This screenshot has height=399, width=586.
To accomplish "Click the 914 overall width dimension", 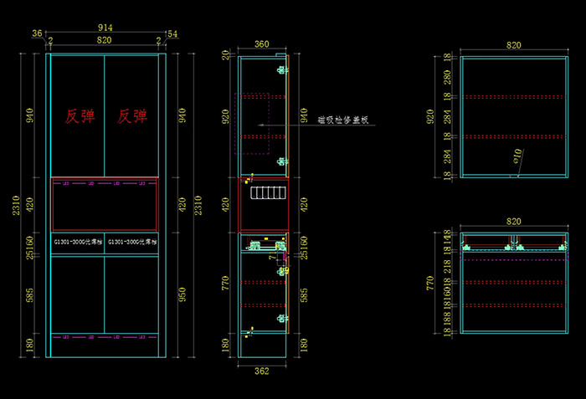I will pos(105,28).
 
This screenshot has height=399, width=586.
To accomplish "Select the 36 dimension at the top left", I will pos(37,33).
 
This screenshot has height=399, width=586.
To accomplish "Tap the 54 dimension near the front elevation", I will pos(172,33).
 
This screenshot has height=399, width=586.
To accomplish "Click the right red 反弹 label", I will pos(132,116).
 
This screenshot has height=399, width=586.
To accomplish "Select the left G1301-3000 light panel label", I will pos(78,242).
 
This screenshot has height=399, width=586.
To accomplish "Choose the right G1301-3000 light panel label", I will pos(131,242).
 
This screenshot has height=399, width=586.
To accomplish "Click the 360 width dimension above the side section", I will pos(262,43).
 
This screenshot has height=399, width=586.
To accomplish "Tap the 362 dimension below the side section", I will pos(262,371).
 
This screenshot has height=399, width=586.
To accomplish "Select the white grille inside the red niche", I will pos(268,194).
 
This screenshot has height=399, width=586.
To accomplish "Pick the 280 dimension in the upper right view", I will pos(448,78).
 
